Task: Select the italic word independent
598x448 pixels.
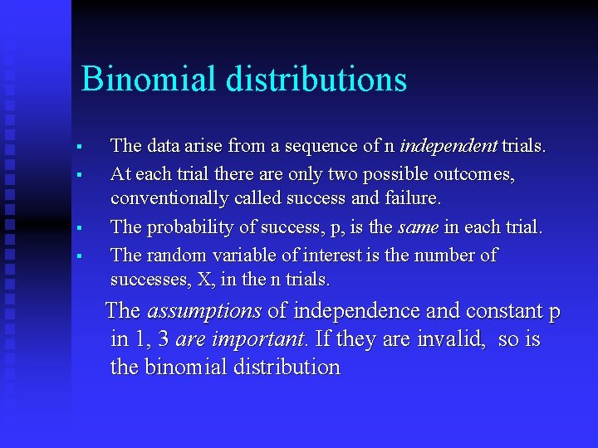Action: coord(448,146)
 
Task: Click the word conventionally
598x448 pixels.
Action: coord(169,199)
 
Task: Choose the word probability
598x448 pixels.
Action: coord(184,227)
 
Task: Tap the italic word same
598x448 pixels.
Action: coord(418,227)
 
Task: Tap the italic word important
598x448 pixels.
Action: coord(259,339)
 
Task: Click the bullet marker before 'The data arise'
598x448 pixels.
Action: coord(76,148)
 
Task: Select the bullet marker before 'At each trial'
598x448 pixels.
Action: coord(76,175)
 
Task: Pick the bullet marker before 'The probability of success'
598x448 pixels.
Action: coord(76,228)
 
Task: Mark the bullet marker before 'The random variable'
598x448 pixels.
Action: coord(76,256)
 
